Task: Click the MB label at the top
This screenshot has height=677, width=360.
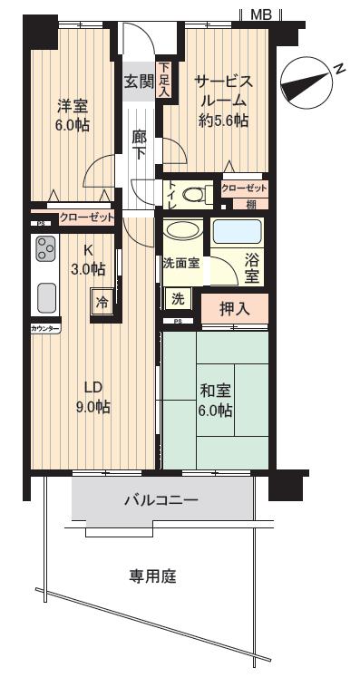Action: pyautogui.click(x=261, y=13)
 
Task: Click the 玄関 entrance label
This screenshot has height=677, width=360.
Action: pyautogui.click(x=140, y=81)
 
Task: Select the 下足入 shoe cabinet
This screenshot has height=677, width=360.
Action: pyautogui.click(x=164, y=79)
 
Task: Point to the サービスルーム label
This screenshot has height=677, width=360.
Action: pyautogui.click(x=222, y=100)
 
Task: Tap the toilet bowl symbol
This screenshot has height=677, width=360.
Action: pyautogui.click(x=193, y=193)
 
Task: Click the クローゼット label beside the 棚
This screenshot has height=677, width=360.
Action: pyautogui.click(x=244, y=188)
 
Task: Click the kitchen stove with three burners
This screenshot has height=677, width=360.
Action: pyautogui.click(x=44, y=248)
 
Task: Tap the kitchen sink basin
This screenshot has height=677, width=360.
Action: pyautogui.click(x=45, y=297)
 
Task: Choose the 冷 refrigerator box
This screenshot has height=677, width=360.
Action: pyautogui.click(x=102, y=302)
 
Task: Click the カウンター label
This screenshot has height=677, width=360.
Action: pyautogui.click(x=44, y=329)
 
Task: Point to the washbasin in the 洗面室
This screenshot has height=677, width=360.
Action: pyautogui.click(x=184, y=232)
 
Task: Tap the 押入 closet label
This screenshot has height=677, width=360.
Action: pyautogui.click(x=234, y=308)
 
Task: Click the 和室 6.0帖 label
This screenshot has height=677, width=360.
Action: pyautogui.click(x=216, y=400)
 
